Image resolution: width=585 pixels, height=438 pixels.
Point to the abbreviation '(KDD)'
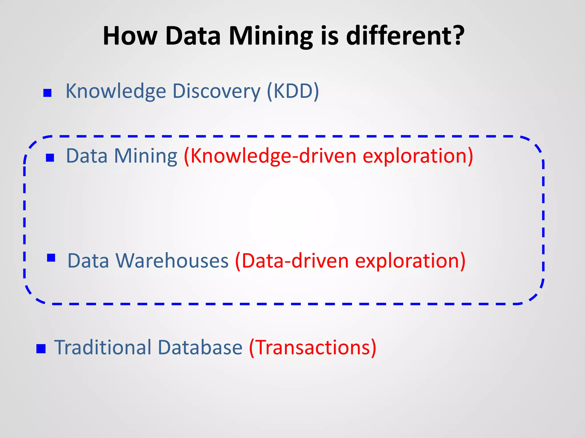293,91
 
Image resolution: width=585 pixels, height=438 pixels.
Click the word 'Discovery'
217,91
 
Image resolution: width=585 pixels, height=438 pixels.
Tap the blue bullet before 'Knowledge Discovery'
47,93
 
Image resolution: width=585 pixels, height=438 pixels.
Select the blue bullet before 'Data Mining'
50,157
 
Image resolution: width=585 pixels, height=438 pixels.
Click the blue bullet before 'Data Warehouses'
51,258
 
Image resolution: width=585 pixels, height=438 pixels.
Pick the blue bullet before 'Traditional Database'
41,348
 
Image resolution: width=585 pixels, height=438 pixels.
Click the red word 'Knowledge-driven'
270,156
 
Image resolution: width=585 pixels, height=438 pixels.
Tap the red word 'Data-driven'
291,261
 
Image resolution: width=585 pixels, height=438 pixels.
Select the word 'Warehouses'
172,261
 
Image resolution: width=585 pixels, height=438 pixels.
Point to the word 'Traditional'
103,347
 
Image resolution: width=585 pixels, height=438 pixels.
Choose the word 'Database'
200,347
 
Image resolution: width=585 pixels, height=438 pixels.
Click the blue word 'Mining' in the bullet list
146,156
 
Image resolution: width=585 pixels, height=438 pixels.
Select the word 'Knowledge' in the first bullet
116,91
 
